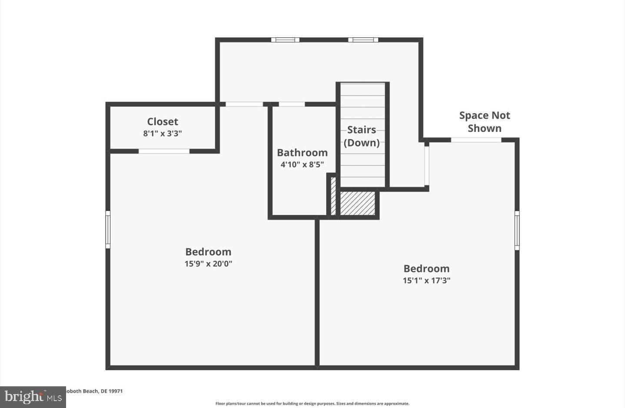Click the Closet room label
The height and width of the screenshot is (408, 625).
tap(163, 122)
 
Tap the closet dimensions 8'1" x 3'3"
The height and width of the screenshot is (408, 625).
tap(163, 134)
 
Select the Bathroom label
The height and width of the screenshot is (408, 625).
tap(302, 153)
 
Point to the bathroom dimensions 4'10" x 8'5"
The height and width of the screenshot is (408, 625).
tap(302, 165)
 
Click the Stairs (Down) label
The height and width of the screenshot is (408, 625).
tap(362, 136)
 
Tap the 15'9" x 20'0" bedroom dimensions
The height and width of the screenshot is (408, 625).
tap(208, 263)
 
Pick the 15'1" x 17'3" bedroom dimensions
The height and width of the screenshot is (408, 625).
tap(426, 280)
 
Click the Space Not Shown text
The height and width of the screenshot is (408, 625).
tap(484, 122)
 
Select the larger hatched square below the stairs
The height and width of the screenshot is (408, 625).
tap(357, 203)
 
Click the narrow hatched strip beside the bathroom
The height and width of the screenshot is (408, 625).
tap(333, 195)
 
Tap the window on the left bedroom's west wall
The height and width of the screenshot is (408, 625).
tap(108, 230)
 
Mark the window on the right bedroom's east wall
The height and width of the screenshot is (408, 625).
tap(517, 230)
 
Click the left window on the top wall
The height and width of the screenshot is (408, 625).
tap(285, 40)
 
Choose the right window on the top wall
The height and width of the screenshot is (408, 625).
tap(363, 40)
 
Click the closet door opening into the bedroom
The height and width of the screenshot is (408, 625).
tap(164, 151)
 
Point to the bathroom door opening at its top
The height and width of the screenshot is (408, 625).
tap(292, 104)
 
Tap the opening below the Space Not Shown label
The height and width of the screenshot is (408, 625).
tap(476, 140)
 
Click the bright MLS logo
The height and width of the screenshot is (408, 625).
tap(33, 397)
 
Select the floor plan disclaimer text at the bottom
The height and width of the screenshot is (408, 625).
tap(312, 404)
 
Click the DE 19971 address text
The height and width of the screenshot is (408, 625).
tap(93, 391)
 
